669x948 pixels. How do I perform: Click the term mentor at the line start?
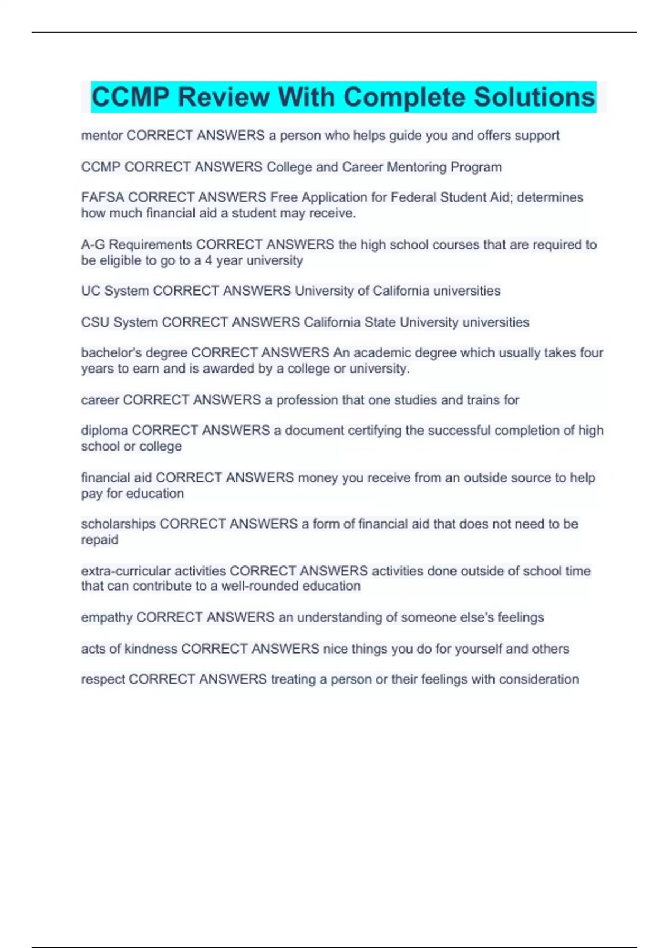click(101, 136)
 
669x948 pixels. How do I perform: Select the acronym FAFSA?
click(103, 197)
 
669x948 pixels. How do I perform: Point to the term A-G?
click(93, 245)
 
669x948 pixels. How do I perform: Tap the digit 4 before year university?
click(209, 260)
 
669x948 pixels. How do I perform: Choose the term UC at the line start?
click(90, 291)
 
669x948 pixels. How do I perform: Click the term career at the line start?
click(100, 400)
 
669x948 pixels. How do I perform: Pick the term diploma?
click(104, 431)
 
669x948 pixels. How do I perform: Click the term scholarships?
click(118, 524)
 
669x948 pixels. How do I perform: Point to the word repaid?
click(100, 540)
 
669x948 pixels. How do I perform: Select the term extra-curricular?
click(125, 571)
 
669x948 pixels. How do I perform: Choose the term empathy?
click(106, 617)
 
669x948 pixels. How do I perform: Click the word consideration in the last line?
click(539, 679)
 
